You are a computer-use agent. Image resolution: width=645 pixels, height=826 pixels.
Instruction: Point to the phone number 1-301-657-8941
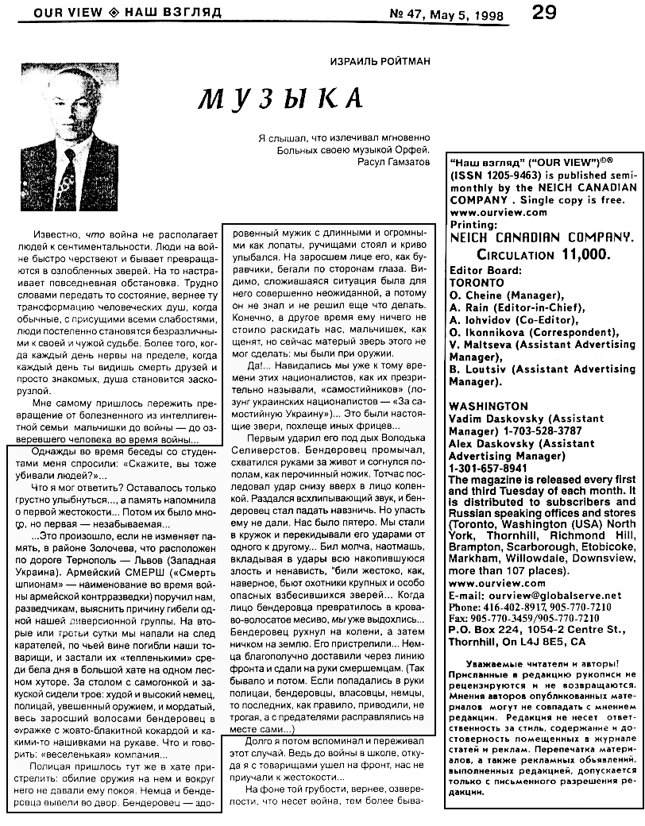[488, 468]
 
